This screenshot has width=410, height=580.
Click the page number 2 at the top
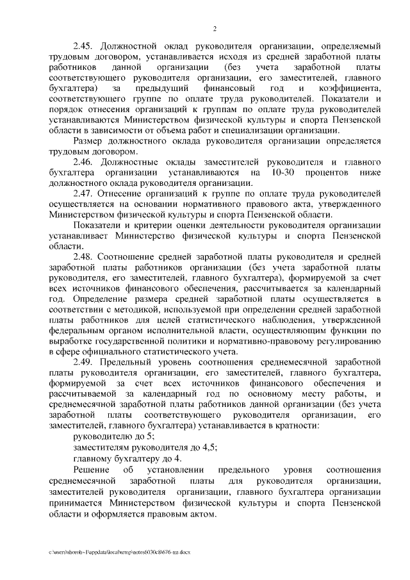point(215,29)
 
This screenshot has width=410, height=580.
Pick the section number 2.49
point(84,362)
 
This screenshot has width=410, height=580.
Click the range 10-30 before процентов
point(284,173)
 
